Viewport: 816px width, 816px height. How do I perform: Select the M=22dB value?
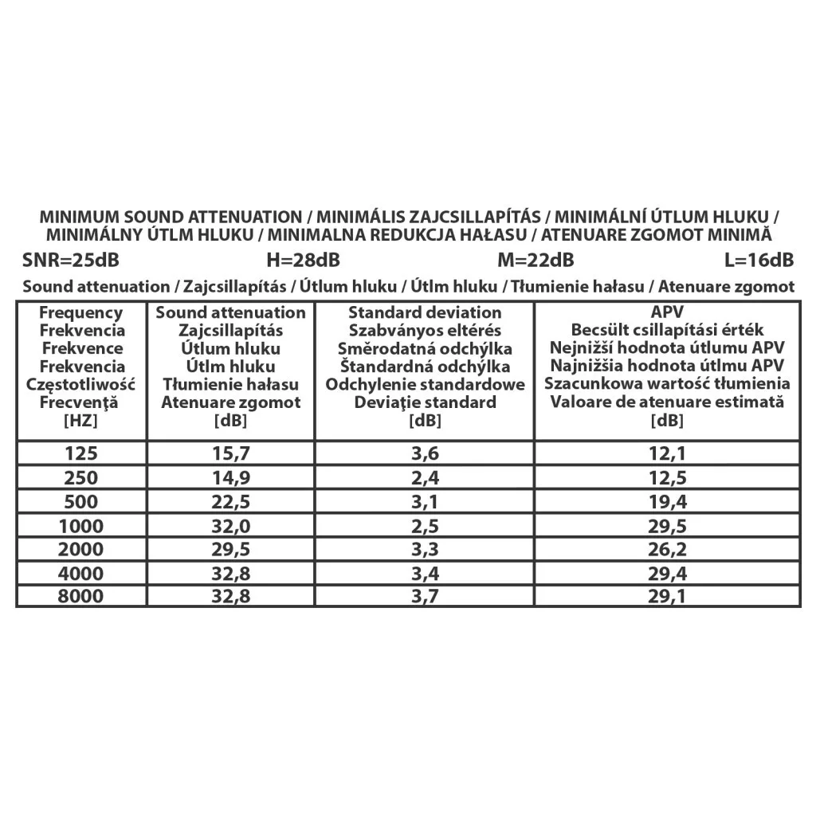point(535,261)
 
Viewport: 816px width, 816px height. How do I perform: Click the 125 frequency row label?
point(81,454)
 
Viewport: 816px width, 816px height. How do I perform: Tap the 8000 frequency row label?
point(81,598)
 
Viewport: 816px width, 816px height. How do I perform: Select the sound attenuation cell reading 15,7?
point(230,454)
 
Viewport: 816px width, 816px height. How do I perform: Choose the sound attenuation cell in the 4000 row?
point(230,574)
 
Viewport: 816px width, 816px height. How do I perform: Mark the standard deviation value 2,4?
point(425,478)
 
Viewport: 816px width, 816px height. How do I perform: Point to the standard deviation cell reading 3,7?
point(425,598)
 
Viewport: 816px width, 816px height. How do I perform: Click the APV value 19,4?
point(668,502)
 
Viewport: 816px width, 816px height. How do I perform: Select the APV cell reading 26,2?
point(668,550)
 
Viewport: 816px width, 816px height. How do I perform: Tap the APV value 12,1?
point(668,454)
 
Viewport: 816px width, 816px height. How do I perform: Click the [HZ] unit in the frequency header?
point(81,421)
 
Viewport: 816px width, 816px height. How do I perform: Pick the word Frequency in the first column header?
point(81,313)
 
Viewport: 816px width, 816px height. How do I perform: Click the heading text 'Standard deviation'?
point(425,313)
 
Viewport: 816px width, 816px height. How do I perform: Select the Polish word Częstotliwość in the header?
point(81,385)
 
